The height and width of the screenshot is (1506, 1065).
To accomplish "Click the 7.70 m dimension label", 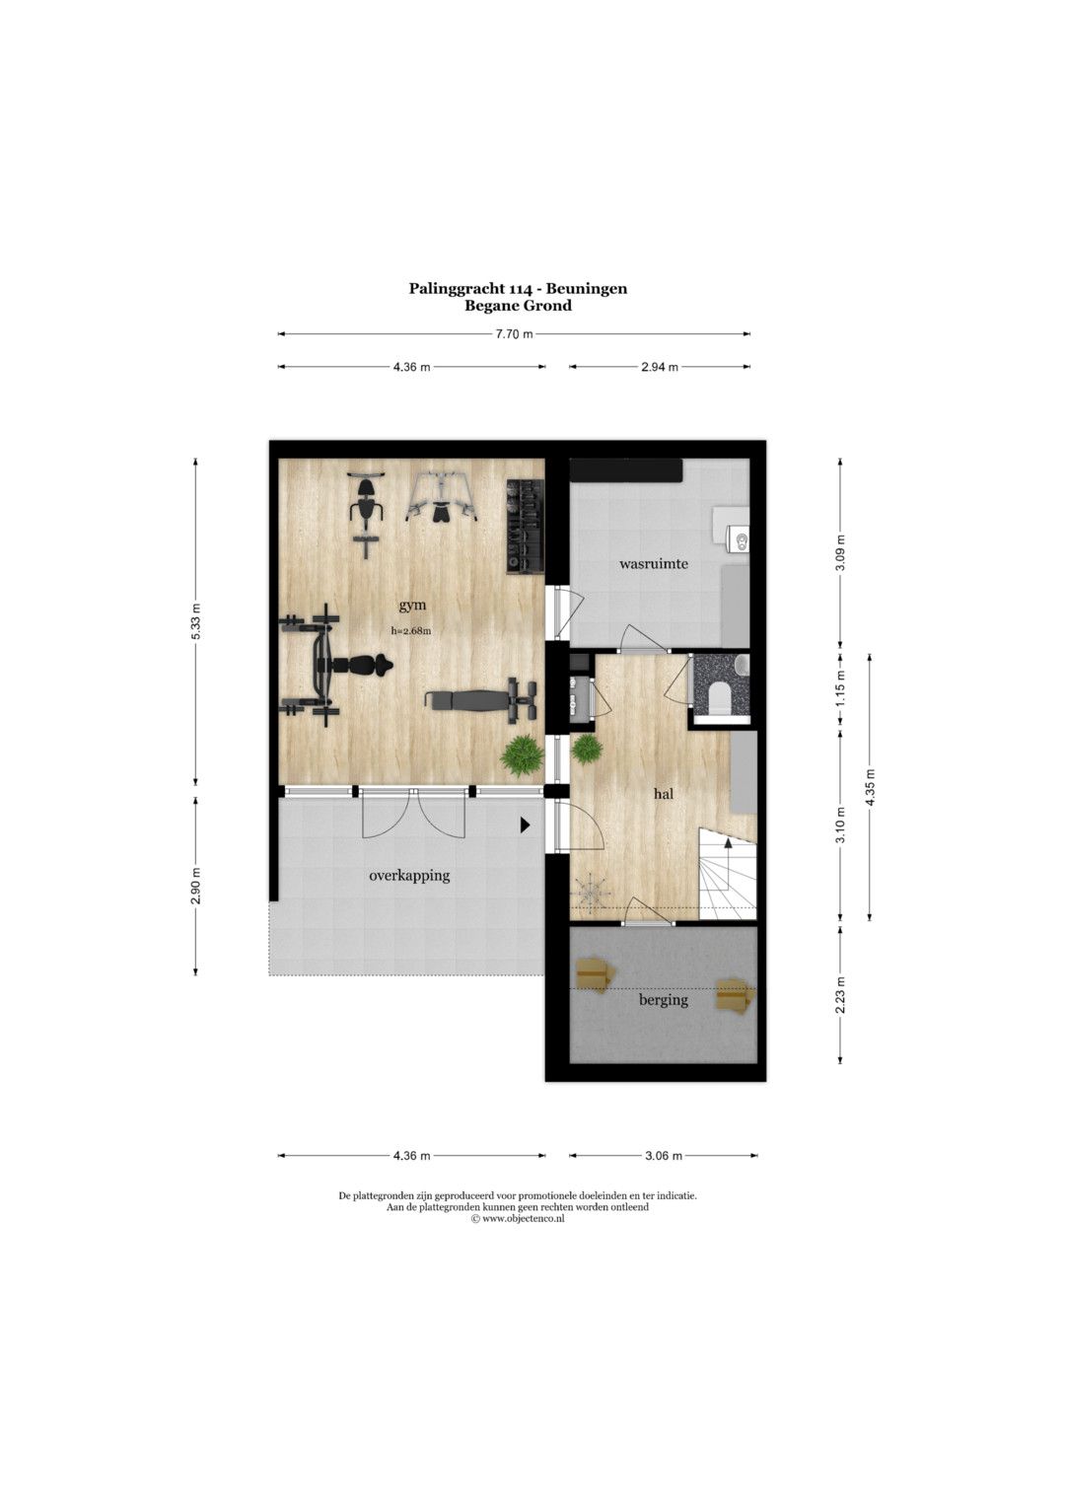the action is pos(514,334).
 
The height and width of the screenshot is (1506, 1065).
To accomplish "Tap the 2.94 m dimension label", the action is pos(659,367).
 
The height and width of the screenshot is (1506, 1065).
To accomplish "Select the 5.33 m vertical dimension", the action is pos(195,622).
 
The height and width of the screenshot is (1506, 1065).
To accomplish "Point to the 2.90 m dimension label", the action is pos(195,886).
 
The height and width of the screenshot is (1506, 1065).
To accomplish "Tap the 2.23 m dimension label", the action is pos(840,995).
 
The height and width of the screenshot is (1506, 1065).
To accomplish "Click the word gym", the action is pos(413,606).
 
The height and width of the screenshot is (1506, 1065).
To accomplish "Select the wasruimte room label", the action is pos(654,563).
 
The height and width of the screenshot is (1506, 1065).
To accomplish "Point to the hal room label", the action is pos(664,793).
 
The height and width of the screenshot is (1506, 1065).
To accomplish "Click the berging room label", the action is pos(664,1000).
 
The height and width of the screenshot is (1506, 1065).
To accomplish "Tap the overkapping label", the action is pos(409,876).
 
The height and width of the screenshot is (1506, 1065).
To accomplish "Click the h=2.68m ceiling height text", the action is pos(411,630).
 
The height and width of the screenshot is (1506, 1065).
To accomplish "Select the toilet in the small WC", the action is pos(720,696).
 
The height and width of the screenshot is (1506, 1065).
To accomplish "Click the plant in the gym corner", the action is pos(522,755).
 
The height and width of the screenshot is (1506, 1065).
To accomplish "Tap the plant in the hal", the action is pos(587,748).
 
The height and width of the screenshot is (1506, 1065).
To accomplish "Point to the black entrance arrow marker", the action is pos(526,825).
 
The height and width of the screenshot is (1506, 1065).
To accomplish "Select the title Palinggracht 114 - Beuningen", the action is pos(518,288).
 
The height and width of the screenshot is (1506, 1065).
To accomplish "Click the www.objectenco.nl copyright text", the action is pos(517,1218).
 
